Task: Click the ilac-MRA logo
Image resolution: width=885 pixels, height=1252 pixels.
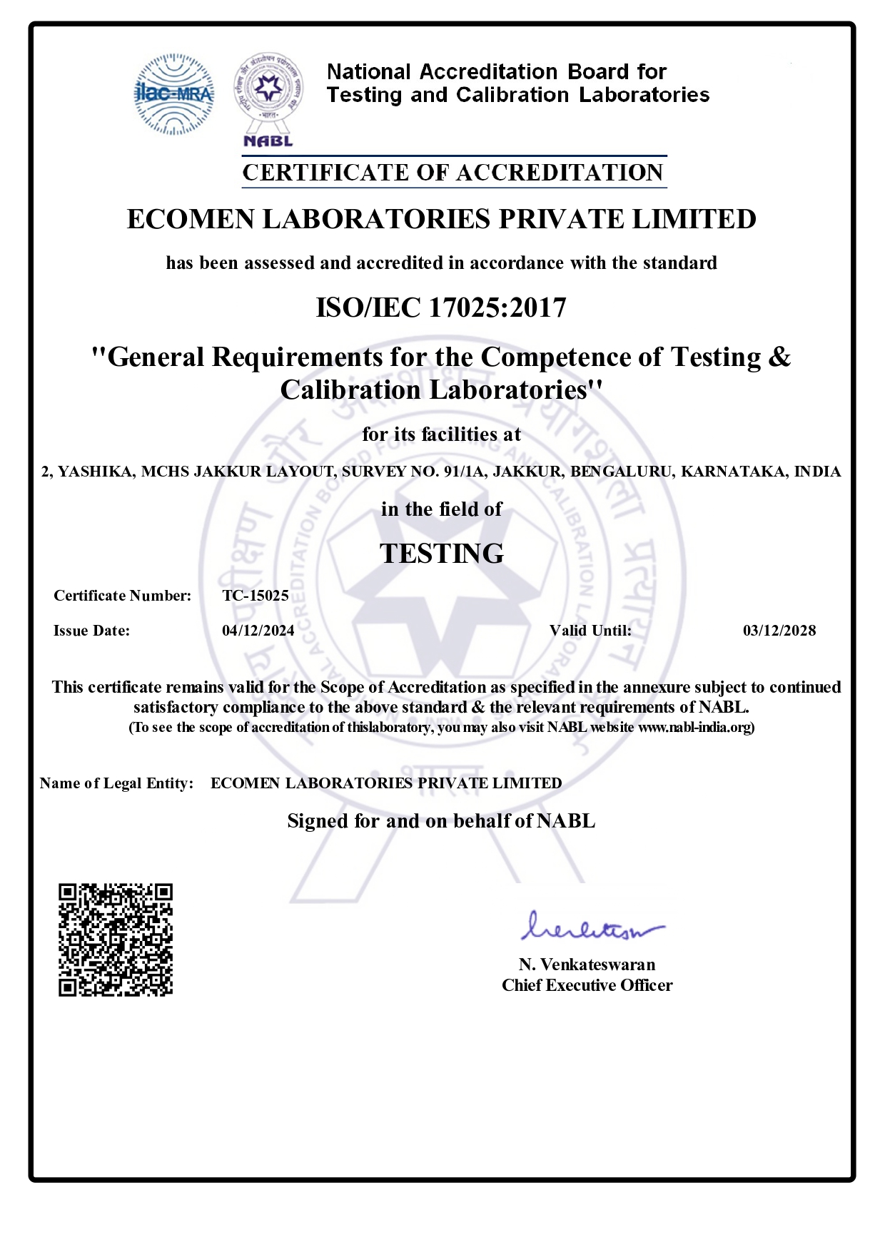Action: click(x=173, y=94)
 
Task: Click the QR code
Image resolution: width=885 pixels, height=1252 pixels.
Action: click(x=116, y=940)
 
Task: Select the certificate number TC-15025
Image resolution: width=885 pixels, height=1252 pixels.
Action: click(x=256, y=596)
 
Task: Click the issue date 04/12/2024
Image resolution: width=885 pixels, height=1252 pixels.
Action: click(x=258, y=631)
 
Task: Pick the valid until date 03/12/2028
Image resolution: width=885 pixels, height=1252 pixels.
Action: click(x=779, y=631)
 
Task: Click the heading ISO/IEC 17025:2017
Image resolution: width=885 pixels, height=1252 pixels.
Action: click(x=441, y=307)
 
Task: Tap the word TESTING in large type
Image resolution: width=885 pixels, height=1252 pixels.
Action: click(x=442, y=554)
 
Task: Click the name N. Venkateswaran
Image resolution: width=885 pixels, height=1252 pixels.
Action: click(x=587, y=965)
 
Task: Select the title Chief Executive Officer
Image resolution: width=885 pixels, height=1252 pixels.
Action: click(x=587, y=985)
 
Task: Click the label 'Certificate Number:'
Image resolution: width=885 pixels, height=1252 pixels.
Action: click(x=123, y=596)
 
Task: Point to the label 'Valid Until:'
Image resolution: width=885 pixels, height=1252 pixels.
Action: click(x=590, y=631)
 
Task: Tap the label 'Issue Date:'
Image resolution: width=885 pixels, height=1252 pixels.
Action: click(x=91, y=631)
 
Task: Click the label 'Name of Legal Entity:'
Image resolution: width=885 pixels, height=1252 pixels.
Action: click(x=117, y=783)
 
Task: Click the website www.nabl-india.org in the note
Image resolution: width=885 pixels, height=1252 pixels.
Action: click(x=694, y=727)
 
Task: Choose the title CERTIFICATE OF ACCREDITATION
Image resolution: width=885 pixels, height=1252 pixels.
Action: click(x=453, y=173)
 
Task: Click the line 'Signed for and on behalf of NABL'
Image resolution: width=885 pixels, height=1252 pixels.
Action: click(x=441, y=821)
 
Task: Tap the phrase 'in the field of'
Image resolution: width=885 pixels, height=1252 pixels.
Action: click(x=441, y=509)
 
